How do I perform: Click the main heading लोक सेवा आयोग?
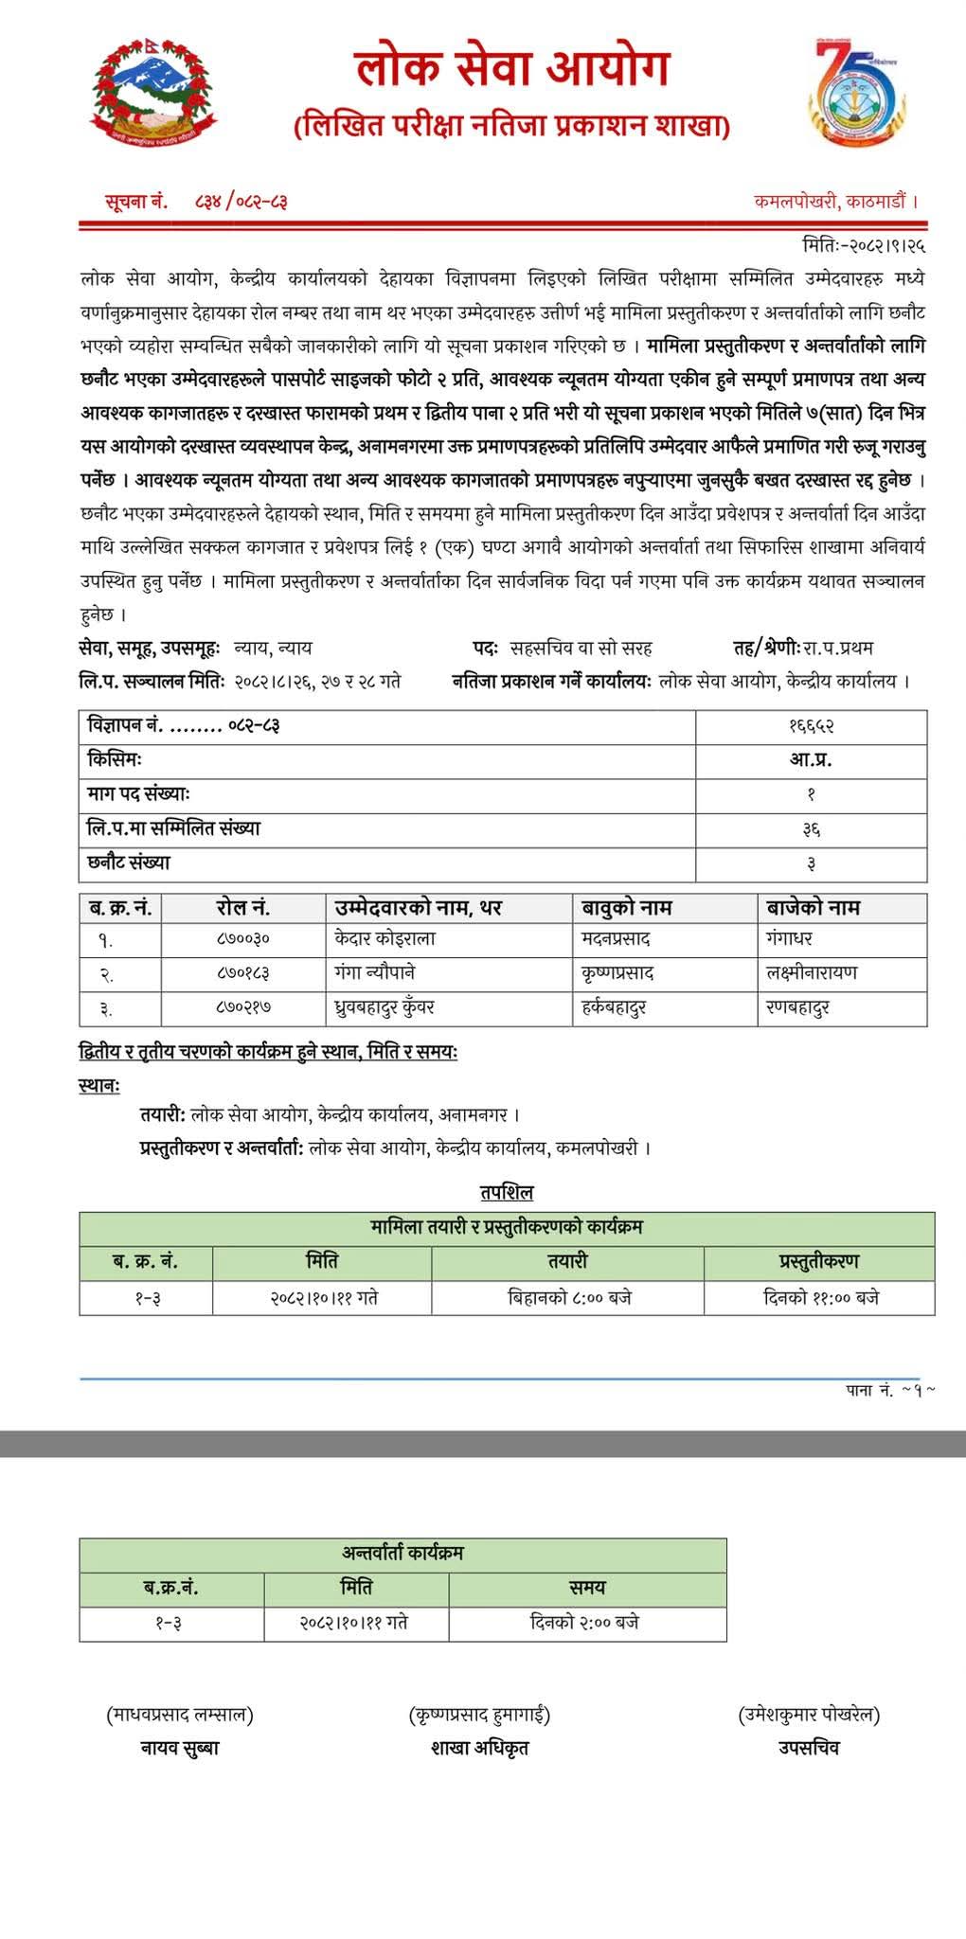512,69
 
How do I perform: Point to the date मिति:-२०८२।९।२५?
863,246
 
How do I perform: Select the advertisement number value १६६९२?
811,726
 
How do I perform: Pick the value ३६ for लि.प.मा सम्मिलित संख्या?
811,829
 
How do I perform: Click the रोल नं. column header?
243,908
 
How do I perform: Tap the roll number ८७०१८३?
243,973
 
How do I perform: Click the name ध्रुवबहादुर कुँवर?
385,1007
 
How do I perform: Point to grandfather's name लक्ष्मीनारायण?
811,973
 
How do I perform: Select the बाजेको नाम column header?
813,908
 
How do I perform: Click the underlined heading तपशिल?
507,1192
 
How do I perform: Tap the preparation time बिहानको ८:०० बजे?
569,1297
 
